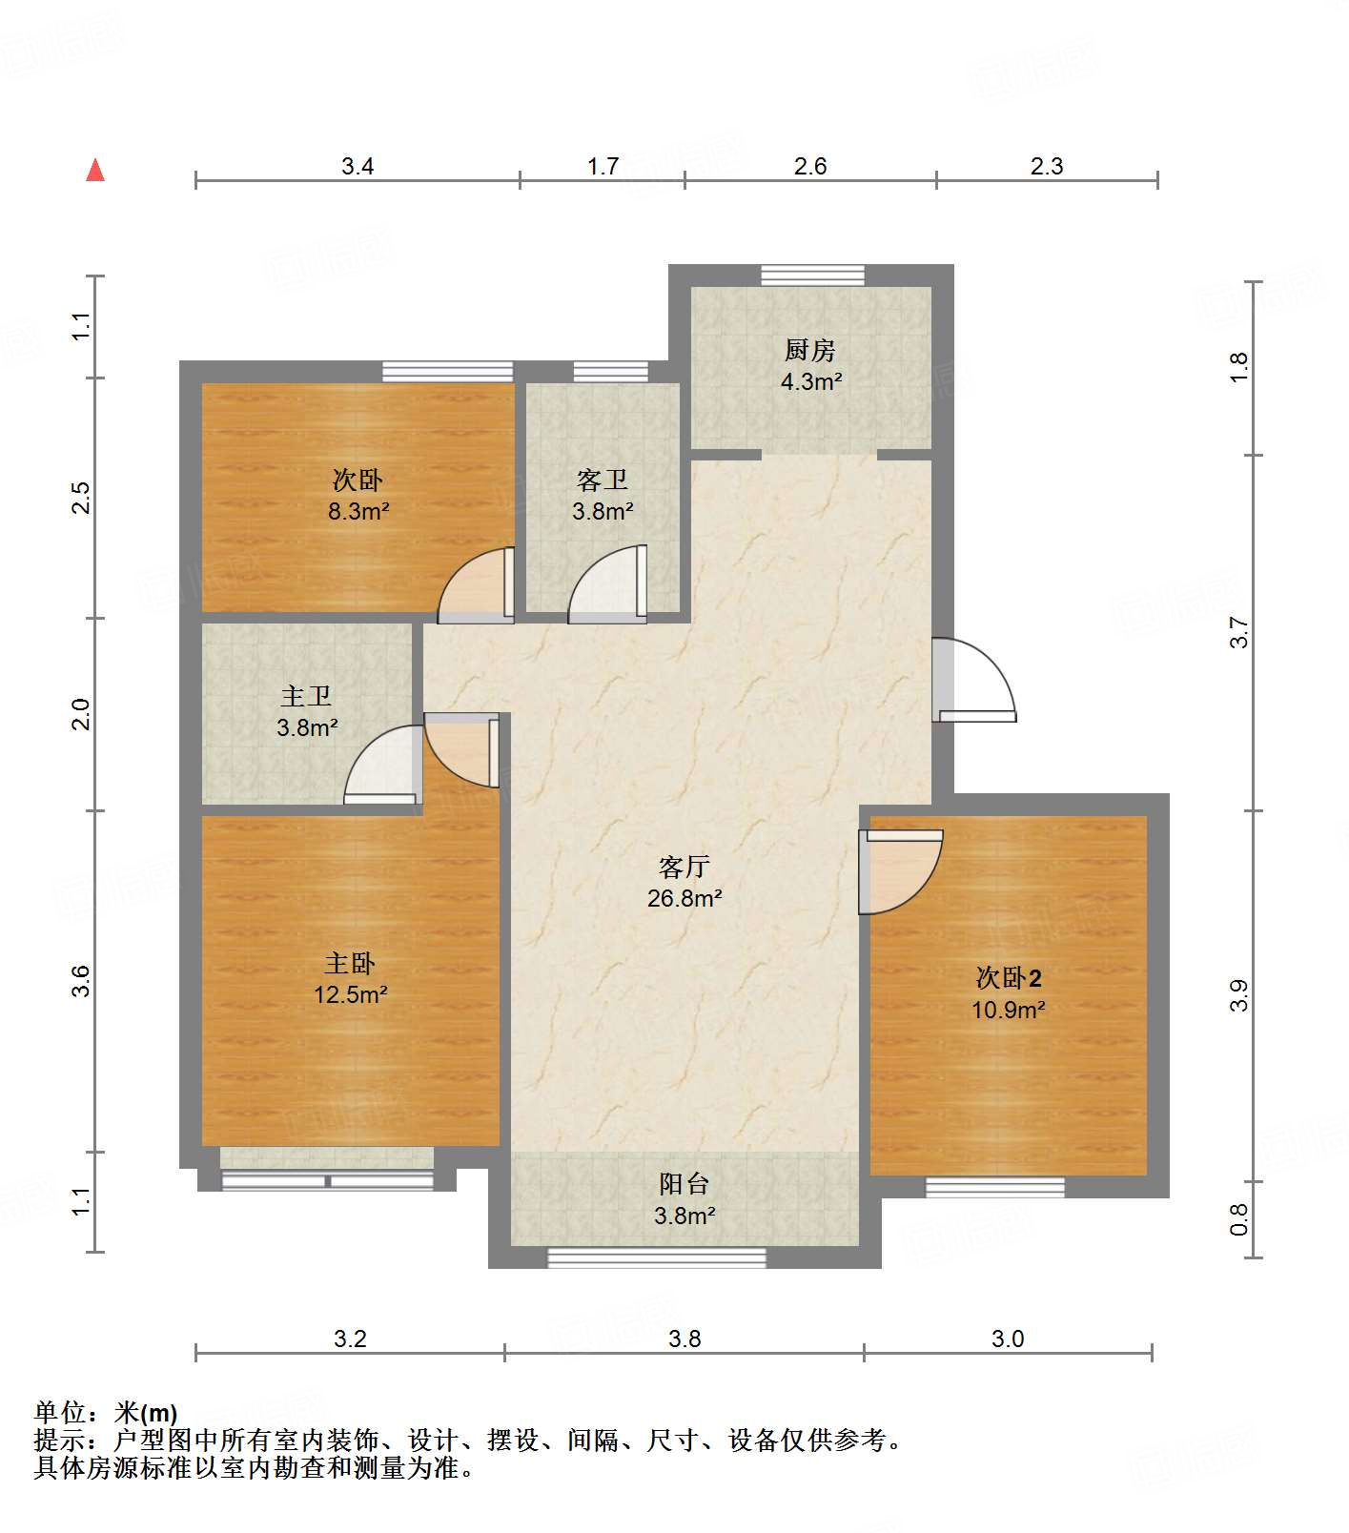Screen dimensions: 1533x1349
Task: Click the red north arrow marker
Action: click(x=95, y=170)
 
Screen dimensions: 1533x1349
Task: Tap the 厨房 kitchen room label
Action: click(x=810, y=351)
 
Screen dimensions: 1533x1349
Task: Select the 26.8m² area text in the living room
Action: click(x=685, y=898)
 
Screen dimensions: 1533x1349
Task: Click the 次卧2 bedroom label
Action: click(x=1008, y=978)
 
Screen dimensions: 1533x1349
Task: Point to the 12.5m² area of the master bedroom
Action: click(x=350, y=995)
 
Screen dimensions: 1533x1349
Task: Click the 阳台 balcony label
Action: click(x=685, y=1184)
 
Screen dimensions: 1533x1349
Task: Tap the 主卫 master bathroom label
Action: click(x=306, y=697)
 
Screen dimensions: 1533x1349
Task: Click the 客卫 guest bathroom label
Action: click(x=603, y=480)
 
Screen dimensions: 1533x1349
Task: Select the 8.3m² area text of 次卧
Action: click(x=358, y=512)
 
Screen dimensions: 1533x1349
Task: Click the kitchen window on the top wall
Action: click(x=812, y=276)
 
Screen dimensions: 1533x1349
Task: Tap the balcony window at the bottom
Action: click(x=656, y=1257)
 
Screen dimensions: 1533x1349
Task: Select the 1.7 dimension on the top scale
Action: click(x=603, y=167)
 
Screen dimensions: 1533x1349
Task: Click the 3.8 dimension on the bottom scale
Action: click(x=685, y=1339)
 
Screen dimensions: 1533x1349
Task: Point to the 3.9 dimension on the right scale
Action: click(x=1238, y=996)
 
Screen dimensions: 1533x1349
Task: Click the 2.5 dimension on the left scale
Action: click(x=82, y=498)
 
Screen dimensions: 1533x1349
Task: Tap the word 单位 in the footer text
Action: click(x=60, y=1413)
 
